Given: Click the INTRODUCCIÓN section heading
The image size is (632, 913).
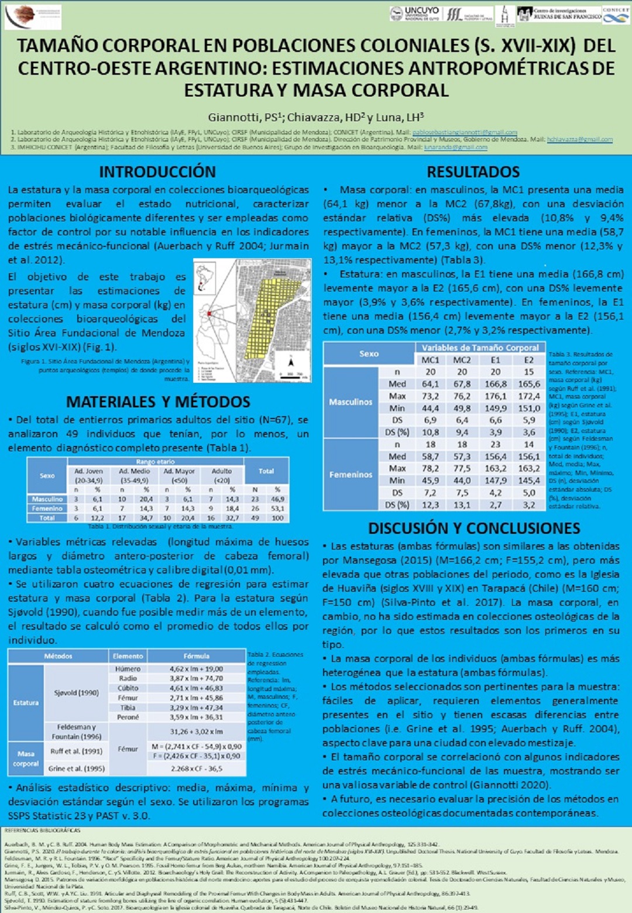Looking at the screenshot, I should (x=157, y=171).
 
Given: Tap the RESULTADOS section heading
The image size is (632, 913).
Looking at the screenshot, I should (x=473, y=171).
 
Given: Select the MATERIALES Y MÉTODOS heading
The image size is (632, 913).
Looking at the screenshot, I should (x=158, y=401).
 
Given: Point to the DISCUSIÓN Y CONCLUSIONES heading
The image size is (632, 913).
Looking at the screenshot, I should (x=473, y=528).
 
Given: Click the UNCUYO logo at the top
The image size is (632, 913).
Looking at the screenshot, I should (x=415, y=13).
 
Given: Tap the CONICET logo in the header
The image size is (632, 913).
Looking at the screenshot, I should (x=616, y=15).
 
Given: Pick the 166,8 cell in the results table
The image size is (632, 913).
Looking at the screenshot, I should (x=495, y=384).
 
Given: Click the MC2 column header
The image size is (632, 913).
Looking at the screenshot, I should (x=462, y=360).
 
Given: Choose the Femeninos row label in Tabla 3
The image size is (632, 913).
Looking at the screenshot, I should (x=351, y=475).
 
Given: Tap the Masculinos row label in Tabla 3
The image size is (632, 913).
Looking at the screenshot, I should (x=351, y=402).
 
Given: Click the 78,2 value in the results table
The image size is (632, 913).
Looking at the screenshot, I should (x=430, y=468).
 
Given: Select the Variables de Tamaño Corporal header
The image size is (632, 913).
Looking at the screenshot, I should (x=480, y=348).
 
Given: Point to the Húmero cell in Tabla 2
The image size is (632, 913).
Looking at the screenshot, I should (x=128, y=668).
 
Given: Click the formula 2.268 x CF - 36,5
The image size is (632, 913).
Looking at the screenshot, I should (x=197, y=768).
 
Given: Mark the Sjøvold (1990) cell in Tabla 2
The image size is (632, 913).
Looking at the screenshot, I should (x=76, y=692).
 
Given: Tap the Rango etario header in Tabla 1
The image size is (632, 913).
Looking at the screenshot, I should (x=156, y=461).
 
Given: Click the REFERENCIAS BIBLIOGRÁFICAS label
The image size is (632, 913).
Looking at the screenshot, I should (x=42, y=830).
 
